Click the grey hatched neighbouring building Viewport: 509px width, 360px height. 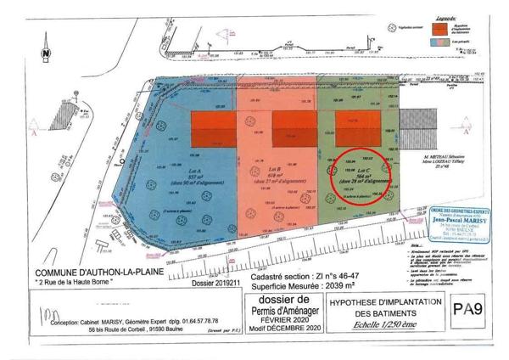[417, 129]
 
